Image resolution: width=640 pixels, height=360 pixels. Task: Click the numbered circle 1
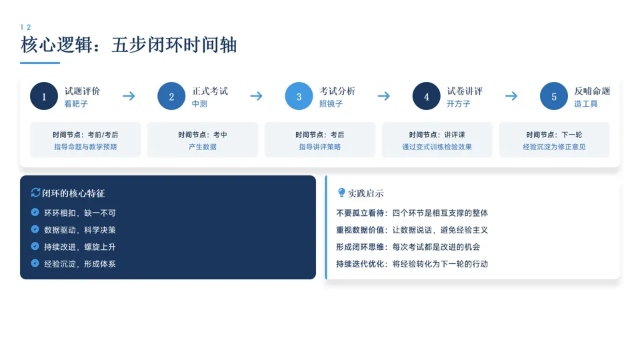pyautogui.click(x=44, y=97)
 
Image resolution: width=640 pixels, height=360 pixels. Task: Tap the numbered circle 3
pyautogui.click(x=299, y=97)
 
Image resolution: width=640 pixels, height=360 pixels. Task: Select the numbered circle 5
pyautogui.click(x=554, y=97)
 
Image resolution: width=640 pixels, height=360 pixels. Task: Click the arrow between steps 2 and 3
pyautogui.click(x=256, y=96)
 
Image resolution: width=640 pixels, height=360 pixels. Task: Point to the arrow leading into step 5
pyautogui.click(x=511, y=96)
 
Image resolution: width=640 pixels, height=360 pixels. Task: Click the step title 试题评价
pyautogui.click(x=82, y=91)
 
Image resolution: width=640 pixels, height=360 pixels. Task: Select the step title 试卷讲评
pyautogui.click(x=465, y=91)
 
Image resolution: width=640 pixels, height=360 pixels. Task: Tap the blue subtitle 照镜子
pyautogui.click(x=331, y=104)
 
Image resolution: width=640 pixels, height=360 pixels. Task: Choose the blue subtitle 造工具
pyautogui.click(x=586, y=104)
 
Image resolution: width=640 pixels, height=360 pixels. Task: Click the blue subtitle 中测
pyautogui.click(x=199, y=104)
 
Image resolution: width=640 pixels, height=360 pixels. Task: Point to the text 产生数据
pyautogui.click(x=203, y=147)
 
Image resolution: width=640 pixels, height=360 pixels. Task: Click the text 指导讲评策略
pyautogui.click(x=320, y=147)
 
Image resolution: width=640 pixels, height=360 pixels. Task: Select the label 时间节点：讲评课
pyautogui.click(x=437, y=135)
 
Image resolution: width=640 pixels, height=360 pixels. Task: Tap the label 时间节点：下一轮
pyautogui.click(x=554, y=135)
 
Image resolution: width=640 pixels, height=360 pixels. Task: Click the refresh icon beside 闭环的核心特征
pyautogui.click(x=36, y=193)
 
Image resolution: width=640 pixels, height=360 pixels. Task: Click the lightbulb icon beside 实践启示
pyautogui.click(x=341, y=193)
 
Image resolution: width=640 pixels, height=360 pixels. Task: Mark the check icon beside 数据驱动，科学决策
pyautogui.click(x=35, y=229)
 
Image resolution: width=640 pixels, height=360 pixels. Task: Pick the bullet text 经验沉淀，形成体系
pyautogui.click(x=80, y=263)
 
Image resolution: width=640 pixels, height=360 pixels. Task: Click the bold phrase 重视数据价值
pyautogui.click(x=360, y=230)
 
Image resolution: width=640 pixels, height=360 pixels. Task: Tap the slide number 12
pyautogui.click(x=26, y=27)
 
